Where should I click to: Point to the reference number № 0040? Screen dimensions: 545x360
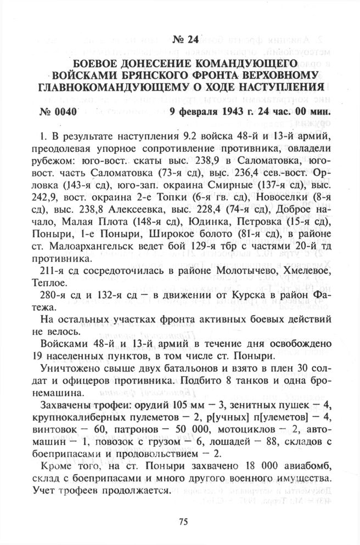pyautogui.click(x=58, y=112)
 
